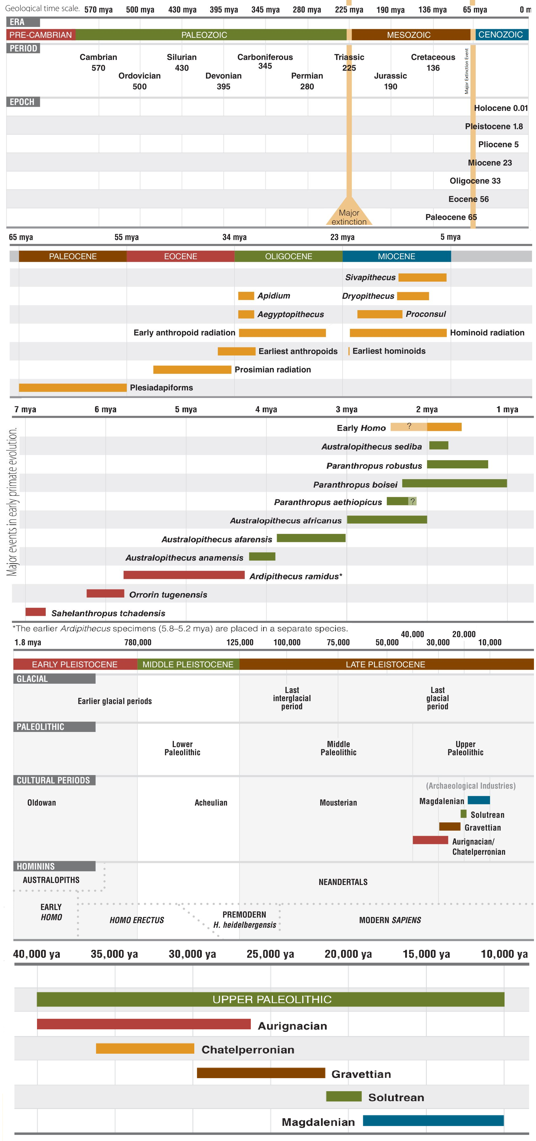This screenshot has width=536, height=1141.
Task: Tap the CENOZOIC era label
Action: (x=500, y=35)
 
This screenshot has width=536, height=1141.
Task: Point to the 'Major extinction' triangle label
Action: (x=349, y=217)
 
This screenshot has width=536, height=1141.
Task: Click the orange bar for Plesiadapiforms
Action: (x=73, y=388)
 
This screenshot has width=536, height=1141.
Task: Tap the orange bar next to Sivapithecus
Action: (x=422, y=277)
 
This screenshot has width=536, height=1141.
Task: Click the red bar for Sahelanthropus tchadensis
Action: (x=36, y=612)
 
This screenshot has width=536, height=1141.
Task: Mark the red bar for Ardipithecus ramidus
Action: (x=184, y=575)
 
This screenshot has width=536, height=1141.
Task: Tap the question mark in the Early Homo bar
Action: (x=409, y=426)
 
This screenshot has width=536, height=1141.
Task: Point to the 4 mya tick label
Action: (x=266, y=409)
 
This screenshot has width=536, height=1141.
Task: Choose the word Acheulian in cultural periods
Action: (x=211, y=803)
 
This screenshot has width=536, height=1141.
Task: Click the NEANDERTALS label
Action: (x=343, y=882)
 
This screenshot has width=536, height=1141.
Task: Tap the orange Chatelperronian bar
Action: (x=145, y=1048)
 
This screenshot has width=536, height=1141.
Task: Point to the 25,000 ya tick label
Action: (x=270, y=954)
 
